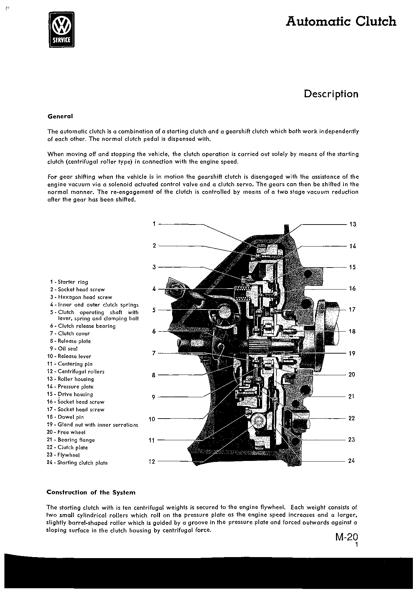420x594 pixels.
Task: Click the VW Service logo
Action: pyautogui.click(x=61, y=29)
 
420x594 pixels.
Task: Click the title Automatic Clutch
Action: pyautogui.click(x=341, y=21)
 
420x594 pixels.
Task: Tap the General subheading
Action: pyautogui.click(x=60, y=116)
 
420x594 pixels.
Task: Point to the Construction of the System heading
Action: pyautogui.click(x=91, y=492)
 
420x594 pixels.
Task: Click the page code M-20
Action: pyautogui.click(x=347, y=537)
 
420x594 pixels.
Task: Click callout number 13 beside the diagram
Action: pyautogui.click(x=353, y=224)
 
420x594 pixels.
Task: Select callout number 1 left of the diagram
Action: pyautogui.click(x=154, y=224)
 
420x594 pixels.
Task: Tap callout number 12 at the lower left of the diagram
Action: pyautogui.click(x=152, y=461)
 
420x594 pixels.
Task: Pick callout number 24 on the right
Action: pyautogui.click(x=351, y=461)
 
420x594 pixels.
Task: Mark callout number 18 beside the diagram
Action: pyautogui.click(x=352, y=331)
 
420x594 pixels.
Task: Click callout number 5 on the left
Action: pyautogui.click(x=154, y=310)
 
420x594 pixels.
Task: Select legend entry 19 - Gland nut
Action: pyautogui.click(x=92, y=425)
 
